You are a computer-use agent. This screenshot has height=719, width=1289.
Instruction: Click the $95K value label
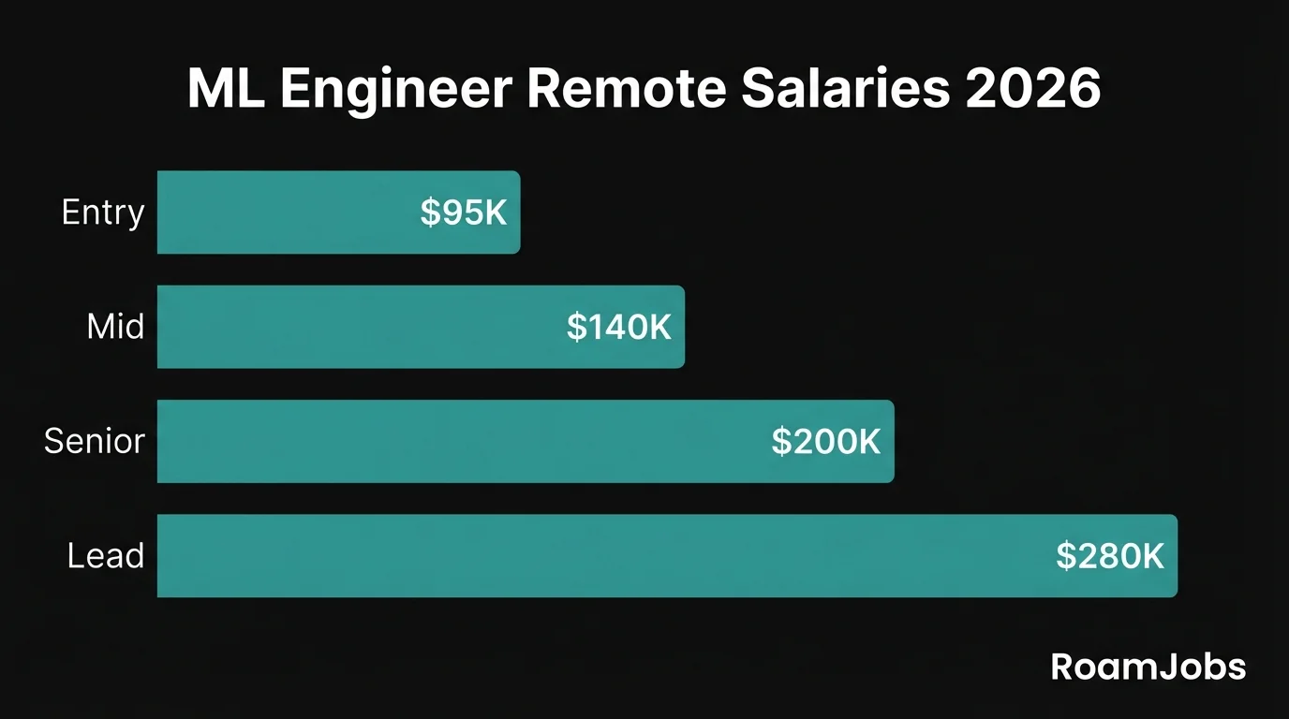pyautogui.click(x=464, y=213)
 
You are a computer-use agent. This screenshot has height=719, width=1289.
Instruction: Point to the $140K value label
pyautogui.click(x=619, y=327)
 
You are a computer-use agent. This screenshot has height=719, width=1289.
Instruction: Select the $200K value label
pyautogui.click(x=826, y=442)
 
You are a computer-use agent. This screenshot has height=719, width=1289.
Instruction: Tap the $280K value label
pyautogui.click(x=1110, y=556)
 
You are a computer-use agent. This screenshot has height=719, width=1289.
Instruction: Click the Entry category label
pyautogui.click(x=103, y=213)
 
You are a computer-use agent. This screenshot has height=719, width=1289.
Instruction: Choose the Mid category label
pyautogui.click(x=115, y=327)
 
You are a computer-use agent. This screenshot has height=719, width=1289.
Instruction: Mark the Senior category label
pyautogui.click(x=95, y=441)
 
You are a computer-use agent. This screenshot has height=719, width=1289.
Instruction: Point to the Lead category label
pyautogui.click(x=106, y=556)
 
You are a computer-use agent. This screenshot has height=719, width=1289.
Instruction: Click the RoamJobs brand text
pyautogui.click(x=1148, y=668)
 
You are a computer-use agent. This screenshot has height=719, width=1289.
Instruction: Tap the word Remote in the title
pyautogui.click(x=625, y=90)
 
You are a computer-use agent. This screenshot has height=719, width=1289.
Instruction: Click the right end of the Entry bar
pyautogui.click(x=516, y=213)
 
